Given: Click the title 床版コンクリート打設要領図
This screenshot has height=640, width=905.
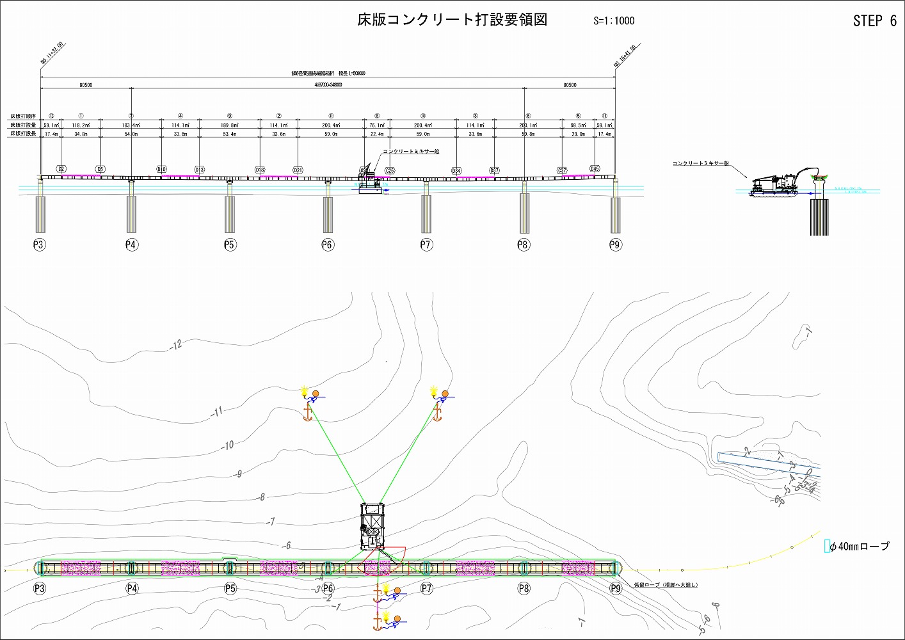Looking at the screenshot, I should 452,20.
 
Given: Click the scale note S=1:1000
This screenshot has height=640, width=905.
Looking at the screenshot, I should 613,20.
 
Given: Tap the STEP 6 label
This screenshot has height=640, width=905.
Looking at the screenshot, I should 874,21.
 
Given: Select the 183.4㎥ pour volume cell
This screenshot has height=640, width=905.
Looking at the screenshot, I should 131,125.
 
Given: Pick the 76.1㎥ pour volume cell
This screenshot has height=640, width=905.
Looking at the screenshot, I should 377,125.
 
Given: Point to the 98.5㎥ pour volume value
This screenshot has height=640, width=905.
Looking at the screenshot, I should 578,125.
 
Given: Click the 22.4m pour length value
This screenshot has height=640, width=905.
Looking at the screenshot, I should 377,134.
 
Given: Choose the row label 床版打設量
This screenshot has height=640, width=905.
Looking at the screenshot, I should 23,125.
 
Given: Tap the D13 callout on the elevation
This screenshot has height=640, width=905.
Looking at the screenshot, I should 199,170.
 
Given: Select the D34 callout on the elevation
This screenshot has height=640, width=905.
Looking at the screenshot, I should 456,171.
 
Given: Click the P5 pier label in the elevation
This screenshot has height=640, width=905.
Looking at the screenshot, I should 230,244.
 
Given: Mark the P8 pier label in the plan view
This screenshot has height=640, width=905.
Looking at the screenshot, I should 524,589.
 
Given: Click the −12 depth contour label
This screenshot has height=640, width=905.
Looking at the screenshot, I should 176,345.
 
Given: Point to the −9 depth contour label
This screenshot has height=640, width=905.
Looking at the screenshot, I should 238,474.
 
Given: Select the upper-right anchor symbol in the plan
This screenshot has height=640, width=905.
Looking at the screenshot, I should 438,413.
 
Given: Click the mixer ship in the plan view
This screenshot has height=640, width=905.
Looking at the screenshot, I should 372,526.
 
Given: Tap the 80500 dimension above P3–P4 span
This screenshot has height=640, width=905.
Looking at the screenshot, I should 86,85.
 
